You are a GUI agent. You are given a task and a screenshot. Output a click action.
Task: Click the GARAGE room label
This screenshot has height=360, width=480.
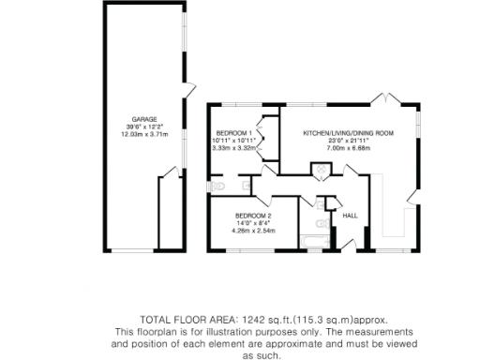click(143, 119)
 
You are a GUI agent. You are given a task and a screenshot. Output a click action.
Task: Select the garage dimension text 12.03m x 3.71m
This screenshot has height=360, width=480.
click(143, 134)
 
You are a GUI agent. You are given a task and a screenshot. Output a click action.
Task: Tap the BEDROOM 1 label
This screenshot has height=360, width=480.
click(231, 132)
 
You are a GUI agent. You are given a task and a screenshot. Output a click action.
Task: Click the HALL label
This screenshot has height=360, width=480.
click(350, 216)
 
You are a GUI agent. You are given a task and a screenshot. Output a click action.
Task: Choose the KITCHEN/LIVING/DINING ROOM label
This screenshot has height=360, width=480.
click(348, 133)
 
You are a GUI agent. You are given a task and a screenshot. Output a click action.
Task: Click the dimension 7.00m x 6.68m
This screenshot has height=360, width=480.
click(348, 147)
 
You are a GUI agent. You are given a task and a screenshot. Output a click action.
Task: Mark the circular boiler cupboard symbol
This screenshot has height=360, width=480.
click(320, 172)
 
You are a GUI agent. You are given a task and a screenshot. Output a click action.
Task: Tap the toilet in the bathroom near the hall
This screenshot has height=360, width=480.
click(319, 223)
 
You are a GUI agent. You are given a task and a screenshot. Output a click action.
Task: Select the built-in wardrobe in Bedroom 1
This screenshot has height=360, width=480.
click(265, 133)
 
